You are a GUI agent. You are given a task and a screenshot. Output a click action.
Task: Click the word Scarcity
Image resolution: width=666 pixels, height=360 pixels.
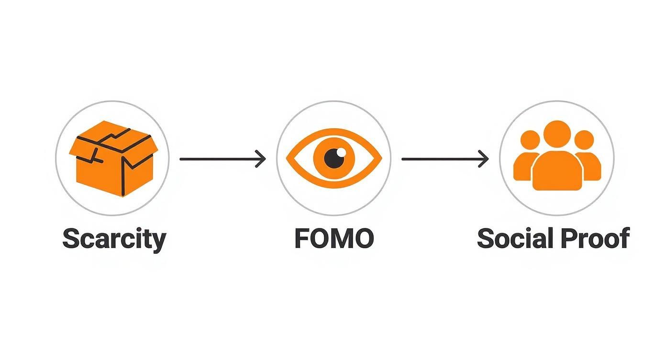[114, 238]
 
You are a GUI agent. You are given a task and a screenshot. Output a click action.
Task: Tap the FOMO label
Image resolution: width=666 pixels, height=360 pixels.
[333, 238]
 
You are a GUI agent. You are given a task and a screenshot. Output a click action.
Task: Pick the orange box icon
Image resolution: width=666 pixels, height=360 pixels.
[113, 159]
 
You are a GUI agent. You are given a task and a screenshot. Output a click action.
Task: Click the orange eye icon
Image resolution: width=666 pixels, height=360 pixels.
[333, 158]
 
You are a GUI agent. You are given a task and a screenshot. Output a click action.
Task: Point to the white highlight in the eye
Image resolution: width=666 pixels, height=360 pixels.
[341, 152]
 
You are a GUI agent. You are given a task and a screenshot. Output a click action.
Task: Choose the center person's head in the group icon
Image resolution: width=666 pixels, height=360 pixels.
[556, 134]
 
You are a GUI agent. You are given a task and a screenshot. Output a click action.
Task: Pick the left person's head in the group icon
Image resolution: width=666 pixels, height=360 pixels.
[530, 140]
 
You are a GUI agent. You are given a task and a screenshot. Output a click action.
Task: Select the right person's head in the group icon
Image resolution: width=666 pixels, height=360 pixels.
[584, 140]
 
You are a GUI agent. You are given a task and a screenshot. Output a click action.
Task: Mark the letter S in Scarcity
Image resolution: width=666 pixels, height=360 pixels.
[71, 238]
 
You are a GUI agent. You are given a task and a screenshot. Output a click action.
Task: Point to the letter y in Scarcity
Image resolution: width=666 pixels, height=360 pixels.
[159, 241]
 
